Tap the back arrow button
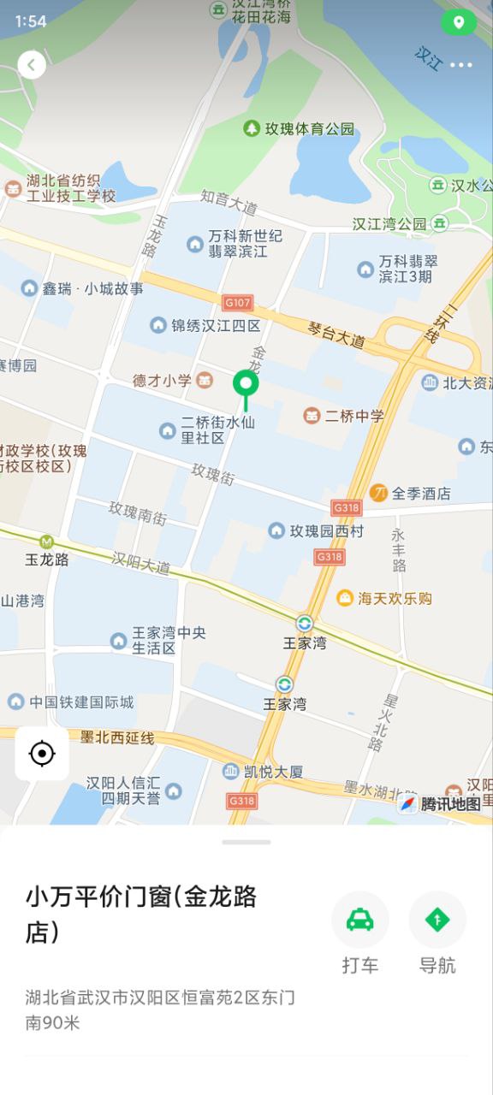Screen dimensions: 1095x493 tap(32, 64)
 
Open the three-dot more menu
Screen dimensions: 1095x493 tap(460, 65)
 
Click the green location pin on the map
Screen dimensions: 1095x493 tap(246, 387)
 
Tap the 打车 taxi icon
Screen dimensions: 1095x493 tap(360, 920)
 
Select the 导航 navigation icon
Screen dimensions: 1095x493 tap(437, 920)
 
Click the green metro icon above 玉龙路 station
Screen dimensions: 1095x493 tap(46, 541)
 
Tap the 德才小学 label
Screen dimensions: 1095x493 tap(163, 380)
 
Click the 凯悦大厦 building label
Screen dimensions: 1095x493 tap(271, 772)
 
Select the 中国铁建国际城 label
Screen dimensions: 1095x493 tap(81, 702)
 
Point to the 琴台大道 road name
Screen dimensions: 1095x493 tap(336, 334)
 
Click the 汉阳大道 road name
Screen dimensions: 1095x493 tap(141, 563)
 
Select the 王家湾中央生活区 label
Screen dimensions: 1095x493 tap(168, 640)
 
